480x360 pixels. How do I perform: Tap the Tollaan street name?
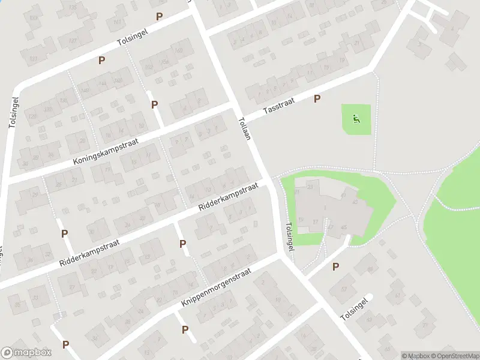(243, 128)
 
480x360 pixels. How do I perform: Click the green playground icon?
(356, 119)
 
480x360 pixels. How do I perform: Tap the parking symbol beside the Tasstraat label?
(317, 99)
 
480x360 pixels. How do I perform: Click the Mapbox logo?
(26, 353)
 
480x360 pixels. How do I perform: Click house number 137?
(73, 41)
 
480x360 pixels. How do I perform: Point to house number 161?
(117, 23)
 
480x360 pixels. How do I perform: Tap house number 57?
(344, 289)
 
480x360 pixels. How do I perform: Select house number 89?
(370, 269)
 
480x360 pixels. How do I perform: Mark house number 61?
(397, 296)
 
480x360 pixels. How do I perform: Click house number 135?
(73, 7)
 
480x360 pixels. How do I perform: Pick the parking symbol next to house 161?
(159, 16)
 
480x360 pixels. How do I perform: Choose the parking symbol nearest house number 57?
(335, 266)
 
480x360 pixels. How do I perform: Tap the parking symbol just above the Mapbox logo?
(65, 344)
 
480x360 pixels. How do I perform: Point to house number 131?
(34, 58)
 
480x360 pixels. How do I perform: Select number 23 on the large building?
(310, 187)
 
